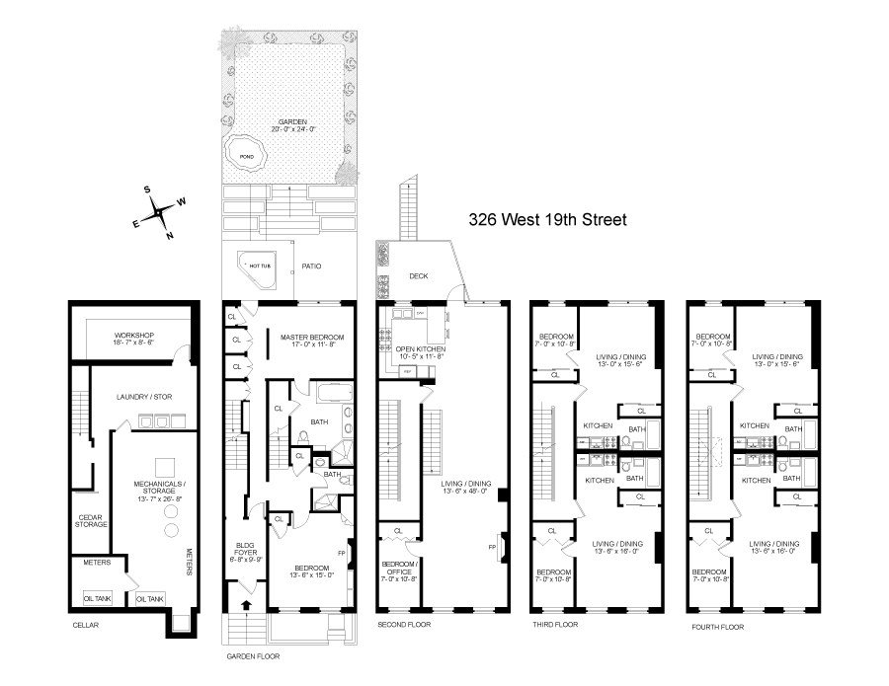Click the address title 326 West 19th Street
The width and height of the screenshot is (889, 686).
pos(547,220)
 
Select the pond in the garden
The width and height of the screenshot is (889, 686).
pos(246,156)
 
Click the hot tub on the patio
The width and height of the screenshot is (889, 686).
pos(258,265)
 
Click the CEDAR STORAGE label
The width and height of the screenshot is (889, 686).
pos(91,519)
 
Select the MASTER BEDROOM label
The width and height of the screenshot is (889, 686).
pos(310,335)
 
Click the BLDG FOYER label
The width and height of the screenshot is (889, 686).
pos(244,549)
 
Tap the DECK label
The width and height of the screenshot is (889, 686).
pos(419,276)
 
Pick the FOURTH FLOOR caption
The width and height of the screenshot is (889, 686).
pos(716,627)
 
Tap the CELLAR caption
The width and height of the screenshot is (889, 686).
pos(86,625)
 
